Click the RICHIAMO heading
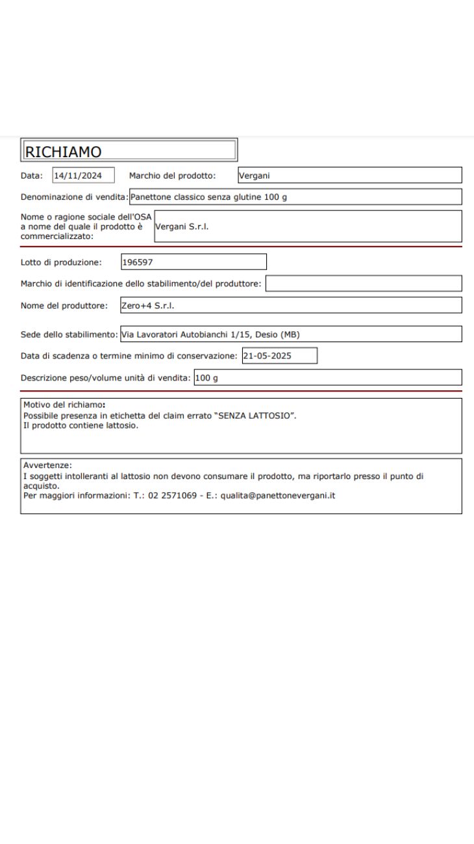(63, 151)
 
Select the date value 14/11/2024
(78, 175)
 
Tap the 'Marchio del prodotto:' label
(172, 175)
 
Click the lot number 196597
(138, 262)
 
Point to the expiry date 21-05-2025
(267, 356)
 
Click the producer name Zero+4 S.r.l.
(148, 305)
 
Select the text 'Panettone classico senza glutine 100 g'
(208, 197)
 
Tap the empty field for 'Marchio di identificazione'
(364, 284)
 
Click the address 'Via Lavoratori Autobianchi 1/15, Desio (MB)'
(210, 334)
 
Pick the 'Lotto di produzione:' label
(61, 262)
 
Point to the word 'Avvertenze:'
(47, 465)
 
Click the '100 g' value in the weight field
(206, 378)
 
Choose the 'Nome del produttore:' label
(64, 305)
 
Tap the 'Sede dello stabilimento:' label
(69, 334)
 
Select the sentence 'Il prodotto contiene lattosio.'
(81, 425)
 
